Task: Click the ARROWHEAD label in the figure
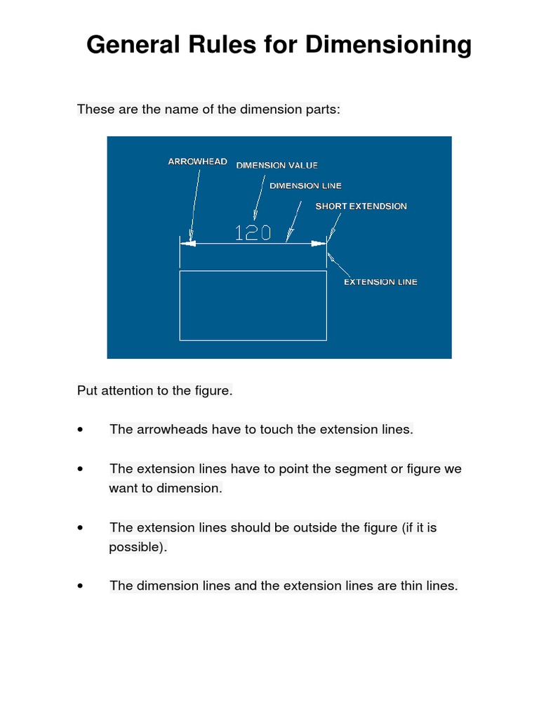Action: [x=197, y=161]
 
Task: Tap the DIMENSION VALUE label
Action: [x=277, y=166]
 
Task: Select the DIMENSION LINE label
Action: [x=305, y=186]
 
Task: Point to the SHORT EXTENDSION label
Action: [x=361, y=206]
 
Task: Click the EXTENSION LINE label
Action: [x=380, y=282]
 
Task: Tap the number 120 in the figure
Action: [x=253, y=233]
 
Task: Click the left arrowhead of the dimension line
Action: [x=187, y=244]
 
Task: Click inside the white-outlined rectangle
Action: [x=253, y=305]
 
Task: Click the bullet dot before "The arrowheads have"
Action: [x=82, y=430]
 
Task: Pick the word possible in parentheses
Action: [x=136, y=547]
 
